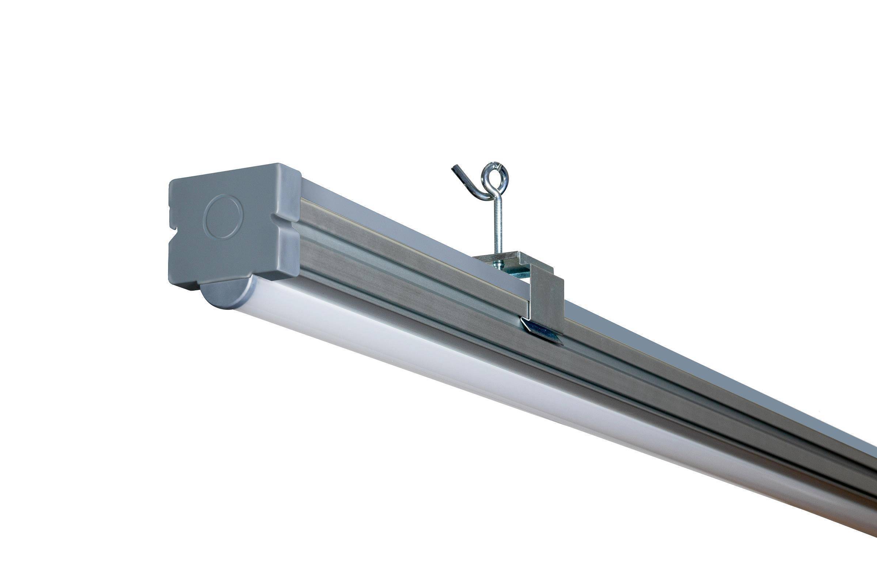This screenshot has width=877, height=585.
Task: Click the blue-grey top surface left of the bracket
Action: (x=391, y=224)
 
